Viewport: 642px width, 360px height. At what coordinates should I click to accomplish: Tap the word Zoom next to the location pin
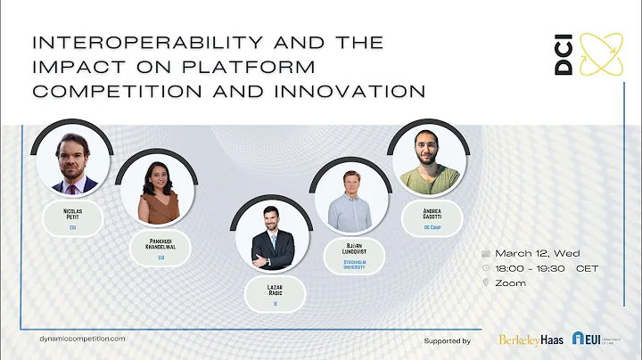click(513, 282)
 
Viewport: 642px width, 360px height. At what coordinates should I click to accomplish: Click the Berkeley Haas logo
click(531, 340)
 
